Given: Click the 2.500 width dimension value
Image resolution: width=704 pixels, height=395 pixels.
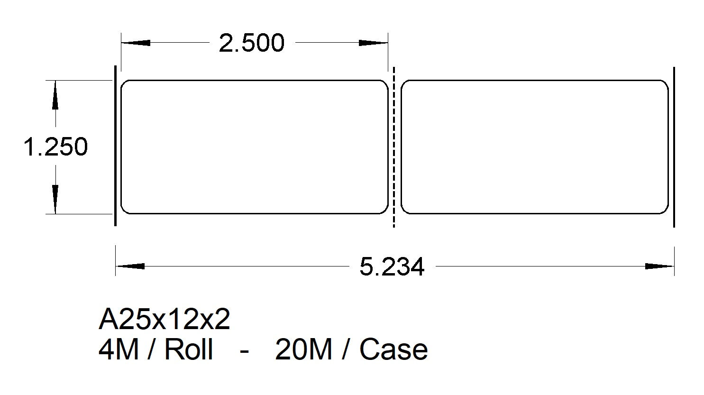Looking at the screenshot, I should point(251,43).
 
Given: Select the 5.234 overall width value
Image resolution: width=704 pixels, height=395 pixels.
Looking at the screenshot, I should point(392,267).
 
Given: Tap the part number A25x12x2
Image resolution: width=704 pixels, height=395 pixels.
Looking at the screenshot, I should point(164,320).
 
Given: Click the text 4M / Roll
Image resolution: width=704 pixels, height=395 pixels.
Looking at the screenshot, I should point(155,350).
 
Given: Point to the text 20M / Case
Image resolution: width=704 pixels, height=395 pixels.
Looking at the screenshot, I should point(351,350).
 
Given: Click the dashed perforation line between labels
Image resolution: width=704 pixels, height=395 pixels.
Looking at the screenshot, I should point(394,147).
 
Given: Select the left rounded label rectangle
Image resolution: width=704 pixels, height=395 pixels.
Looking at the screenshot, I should point(254,147).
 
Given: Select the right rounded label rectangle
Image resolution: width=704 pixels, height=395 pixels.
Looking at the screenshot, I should point(534,147).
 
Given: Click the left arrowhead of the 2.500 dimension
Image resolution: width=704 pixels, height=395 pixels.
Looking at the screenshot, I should point(135,43).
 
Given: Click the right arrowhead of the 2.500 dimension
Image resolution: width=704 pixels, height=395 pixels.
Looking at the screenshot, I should point(374,43).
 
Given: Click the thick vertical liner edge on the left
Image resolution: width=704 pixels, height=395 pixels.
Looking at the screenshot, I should point(116,146).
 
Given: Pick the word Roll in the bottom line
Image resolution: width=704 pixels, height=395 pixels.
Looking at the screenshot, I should point(188,350).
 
